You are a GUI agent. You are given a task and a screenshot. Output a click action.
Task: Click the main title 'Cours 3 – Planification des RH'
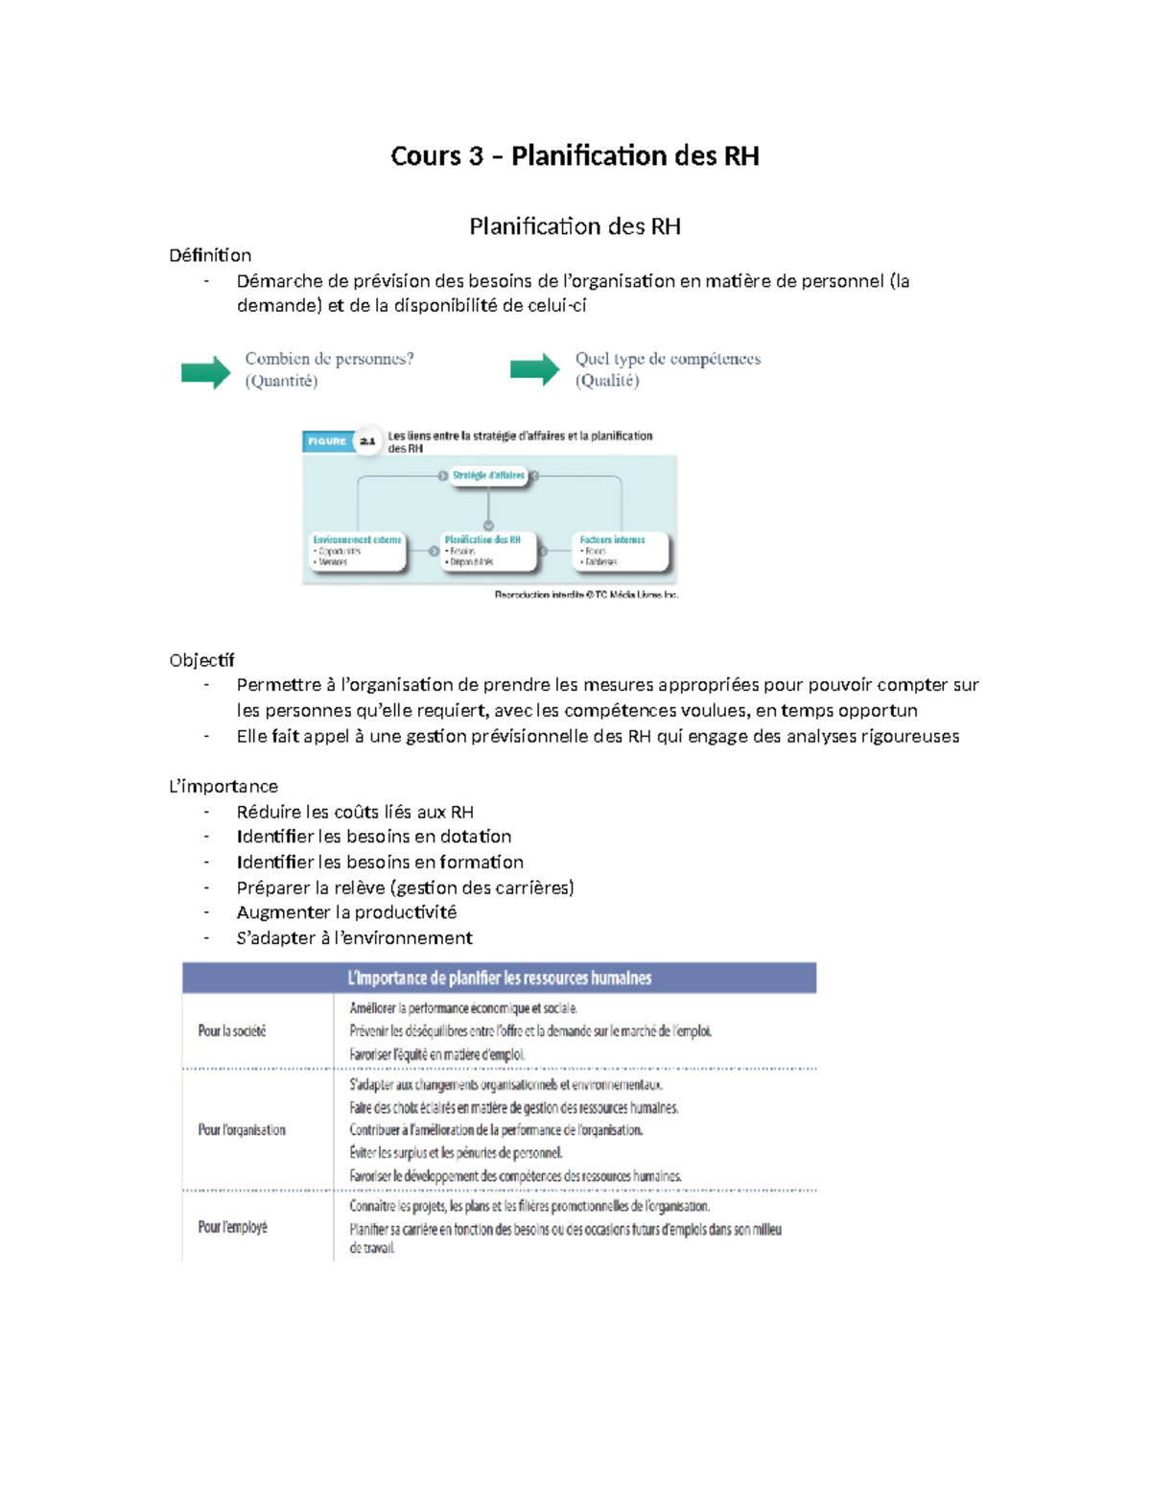[x=575, y=155]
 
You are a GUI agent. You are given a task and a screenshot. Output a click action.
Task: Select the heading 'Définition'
[x=210, y=255]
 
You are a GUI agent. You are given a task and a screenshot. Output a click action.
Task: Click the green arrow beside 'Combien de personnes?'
[x=205, y=371]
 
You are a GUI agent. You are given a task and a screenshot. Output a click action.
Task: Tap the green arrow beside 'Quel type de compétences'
[x=534, y=369]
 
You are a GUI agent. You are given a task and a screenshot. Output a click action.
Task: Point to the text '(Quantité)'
[x=281, y=381]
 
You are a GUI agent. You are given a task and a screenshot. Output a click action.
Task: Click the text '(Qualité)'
[x=607, y=381]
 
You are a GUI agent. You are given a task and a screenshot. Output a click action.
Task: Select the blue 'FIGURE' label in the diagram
[x=327, y=441]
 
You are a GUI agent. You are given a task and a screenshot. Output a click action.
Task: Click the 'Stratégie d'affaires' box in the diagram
[x=488, y=476]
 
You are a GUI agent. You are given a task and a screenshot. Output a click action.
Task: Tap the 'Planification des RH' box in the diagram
[x=483, y=551]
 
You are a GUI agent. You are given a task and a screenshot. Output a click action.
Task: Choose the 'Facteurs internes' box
[x=619, y=551]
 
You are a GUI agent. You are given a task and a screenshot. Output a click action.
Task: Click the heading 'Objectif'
[x=201, y=660]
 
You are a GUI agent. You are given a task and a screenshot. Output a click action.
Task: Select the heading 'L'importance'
[x=223, y=786]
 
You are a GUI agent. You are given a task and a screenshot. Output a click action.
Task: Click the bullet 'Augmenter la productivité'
[x=346, y=912]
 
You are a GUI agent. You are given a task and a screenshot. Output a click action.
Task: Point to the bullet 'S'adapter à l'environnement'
[x=354, y=938]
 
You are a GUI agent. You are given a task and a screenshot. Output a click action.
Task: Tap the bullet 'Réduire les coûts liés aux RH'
[x=355, y=812]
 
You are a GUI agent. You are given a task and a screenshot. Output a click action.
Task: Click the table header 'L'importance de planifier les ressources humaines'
[x=499, y=978]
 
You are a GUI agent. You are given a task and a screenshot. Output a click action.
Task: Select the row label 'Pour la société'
[x=232, y=1031]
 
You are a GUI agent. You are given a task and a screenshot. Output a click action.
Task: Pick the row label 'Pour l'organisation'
[x=242, y=1130]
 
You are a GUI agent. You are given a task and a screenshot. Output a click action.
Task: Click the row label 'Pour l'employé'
[x=233, y=1227]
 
